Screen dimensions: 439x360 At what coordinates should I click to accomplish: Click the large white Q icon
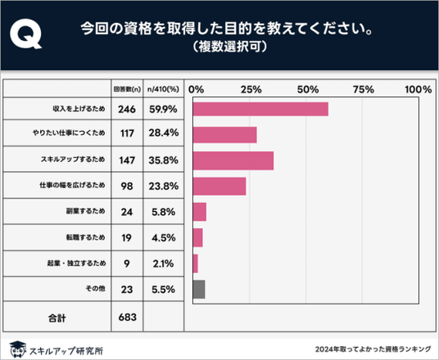[x=25, y=34]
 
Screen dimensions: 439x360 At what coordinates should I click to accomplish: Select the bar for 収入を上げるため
[x=260, y=109]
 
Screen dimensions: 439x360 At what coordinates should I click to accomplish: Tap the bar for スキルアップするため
[x=233, y=160]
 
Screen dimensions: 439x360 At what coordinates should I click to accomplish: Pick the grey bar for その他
[x=199, y=290]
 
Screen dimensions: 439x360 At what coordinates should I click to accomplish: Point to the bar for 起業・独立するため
[x=196, y=263]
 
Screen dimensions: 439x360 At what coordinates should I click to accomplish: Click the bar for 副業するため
[x=200, y=212]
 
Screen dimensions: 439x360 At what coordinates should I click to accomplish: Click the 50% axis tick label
[x=308, y=89]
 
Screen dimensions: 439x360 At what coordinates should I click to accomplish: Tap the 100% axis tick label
[x=418, y=89]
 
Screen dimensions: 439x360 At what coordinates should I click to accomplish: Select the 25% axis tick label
[x=251, y=89]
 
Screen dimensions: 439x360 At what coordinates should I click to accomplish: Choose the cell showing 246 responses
[x=127, y=109]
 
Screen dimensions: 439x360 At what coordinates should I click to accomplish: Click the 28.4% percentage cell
[x=164, y=133]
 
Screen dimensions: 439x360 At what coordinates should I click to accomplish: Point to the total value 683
[x=128, y=317]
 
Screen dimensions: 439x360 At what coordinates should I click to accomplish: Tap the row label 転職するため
[x=86, y=237]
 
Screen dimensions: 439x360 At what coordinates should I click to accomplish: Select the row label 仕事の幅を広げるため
[x=72, y=185]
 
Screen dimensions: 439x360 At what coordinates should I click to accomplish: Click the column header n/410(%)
[x=163, y=89]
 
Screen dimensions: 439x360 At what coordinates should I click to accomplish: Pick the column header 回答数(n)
[x=127, y=89]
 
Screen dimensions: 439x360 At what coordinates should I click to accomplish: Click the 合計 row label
[x=57, y=317]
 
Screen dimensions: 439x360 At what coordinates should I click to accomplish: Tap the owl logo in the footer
[x=18, y=349]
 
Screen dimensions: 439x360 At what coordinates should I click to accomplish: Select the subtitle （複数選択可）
[x=229, y=47]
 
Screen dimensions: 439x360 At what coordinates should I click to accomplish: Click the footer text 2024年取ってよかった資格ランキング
[x=373, y=349]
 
